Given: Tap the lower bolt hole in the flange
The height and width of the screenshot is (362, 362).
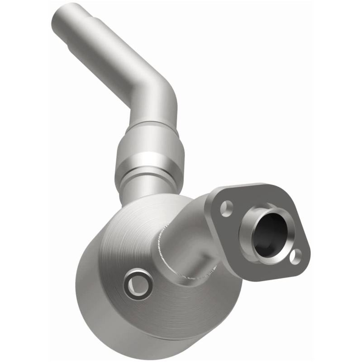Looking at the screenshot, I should [295, 257].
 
